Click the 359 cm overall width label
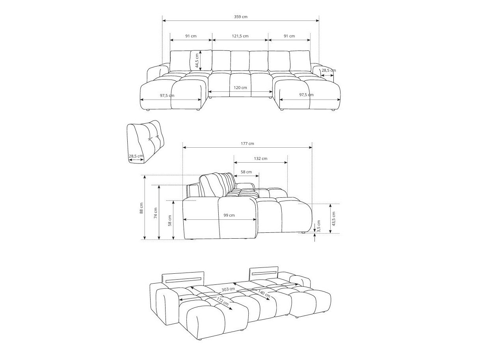(x=240, y=17)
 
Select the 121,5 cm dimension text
(x=240, y=36)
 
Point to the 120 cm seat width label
(x=240, y=87)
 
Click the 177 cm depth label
(x=247, y=143)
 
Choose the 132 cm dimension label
(x=260, y=158)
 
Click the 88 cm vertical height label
(x=141, y=208)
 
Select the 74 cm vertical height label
(x=156, y=213)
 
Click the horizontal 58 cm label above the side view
(x=246, y=172)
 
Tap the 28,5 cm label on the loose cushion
(x=136, y=156)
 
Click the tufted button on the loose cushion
(x=149, y=138)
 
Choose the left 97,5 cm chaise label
(x=167, y=95)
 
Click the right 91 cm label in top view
(x=289, y=36)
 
